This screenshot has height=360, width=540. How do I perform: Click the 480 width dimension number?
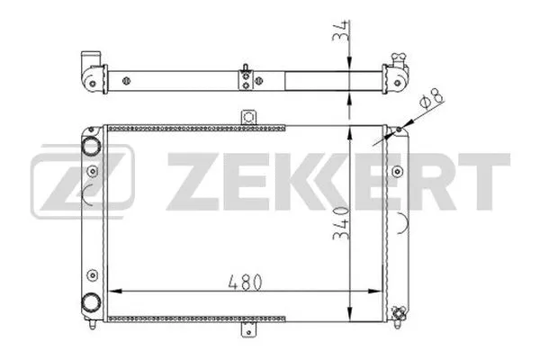pyautogui.click(x=246, y=281)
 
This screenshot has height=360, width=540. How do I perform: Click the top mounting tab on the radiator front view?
pyautogui.click(x=249, y=117)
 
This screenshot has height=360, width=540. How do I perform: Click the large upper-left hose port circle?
pyautogui.click(x=91, y=145)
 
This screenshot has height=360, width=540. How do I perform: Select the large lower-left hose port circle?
pyautogui.click(x=91, y=301)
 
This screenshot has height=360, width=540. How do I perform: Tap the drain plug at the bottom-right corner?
pyautogui.click(x=395, y=312)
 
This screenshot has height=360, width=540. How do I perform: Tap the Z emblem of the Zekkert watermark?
pyautogui.click(x=82, y=180)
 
